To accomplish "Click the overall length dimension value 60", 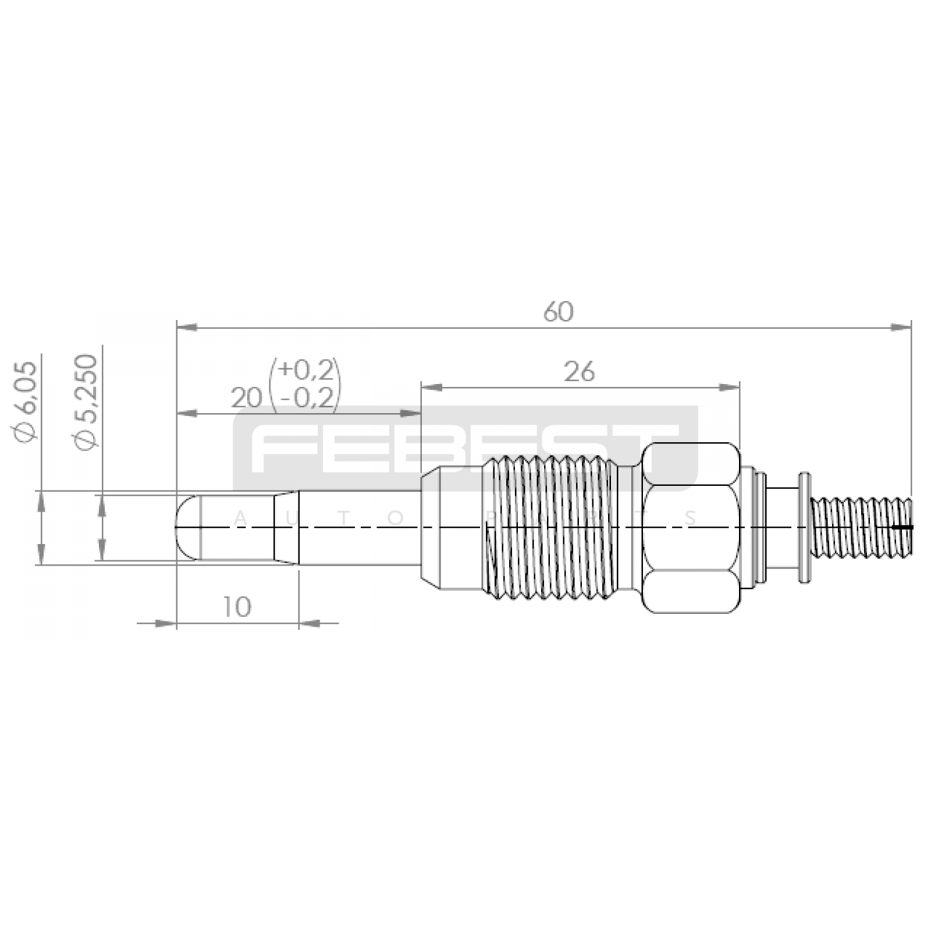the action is point(558,312).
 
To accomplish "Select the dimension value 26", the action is point(579,372).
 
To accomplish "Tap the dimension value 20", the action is point(246,399).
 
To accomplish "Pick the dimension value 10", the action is point(236,607).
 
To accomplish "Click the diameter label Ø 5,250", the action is point(84,401).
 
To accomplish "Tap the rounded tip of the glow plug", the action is point(187,527).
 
